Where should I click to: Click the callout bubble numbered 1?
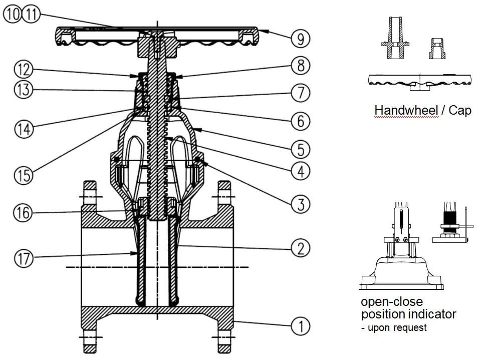pos(301,326)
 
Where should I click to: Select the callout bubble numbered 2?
pos(301,247)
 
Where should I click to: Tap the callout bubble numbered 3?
pos(301,203)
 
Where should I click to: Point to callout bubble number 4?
pos(301,171)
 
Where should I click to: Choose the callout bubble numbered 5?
pos(301,149)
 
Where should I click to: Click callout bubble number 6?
pos(301,121)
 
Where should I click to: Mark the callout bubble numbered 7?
pos(301,93)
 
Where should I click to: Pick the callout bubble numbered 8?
pos(301,65)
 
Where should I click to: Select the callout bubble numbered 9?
pos(301,38)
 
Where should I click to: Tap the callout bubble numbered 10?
pos(13,14)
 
